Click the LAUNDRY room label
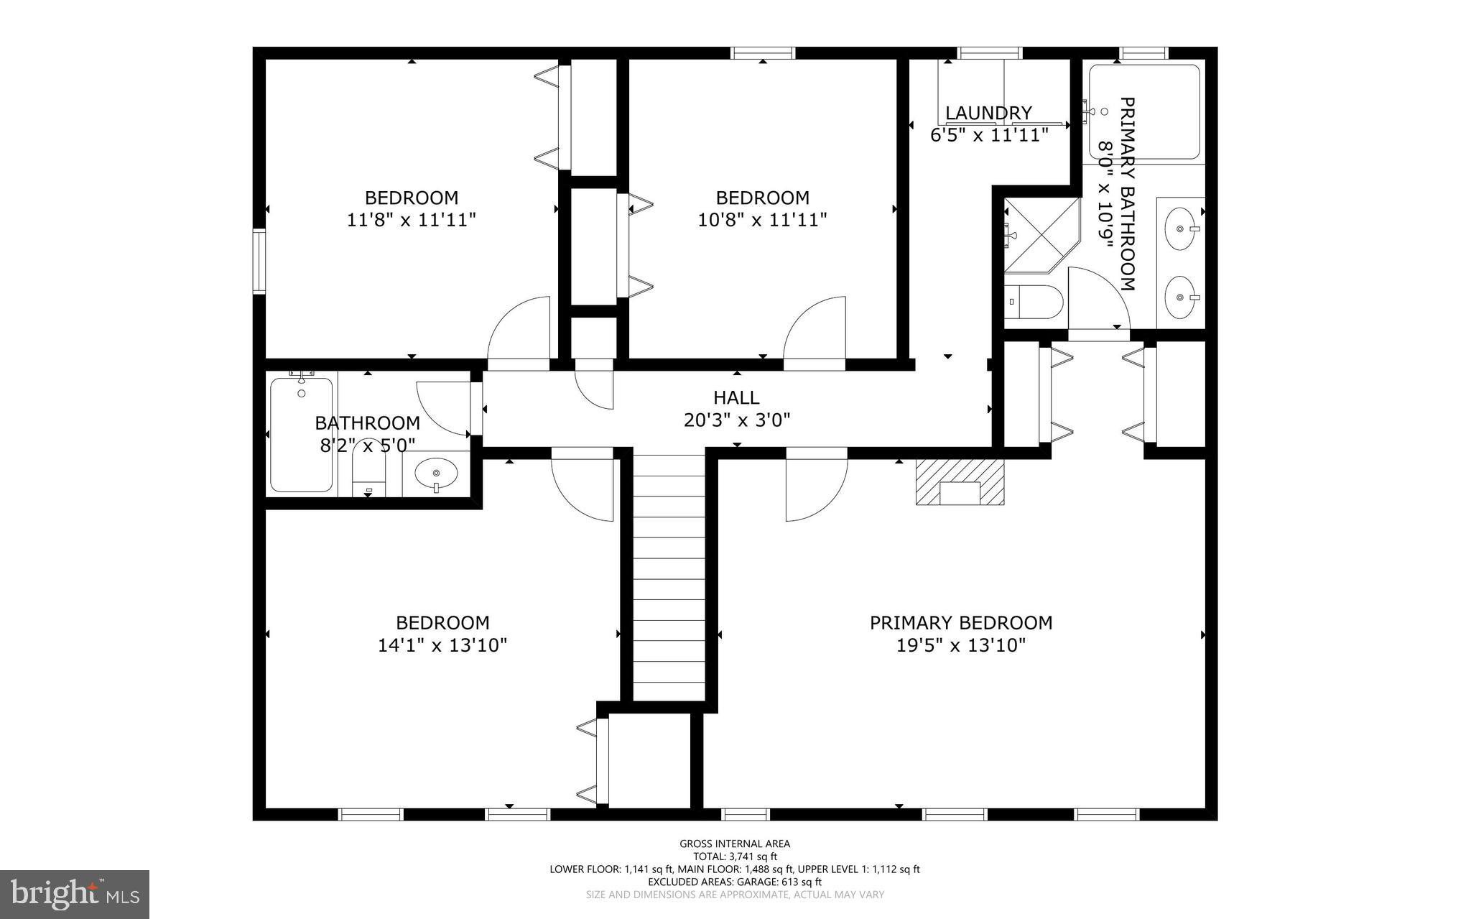988,113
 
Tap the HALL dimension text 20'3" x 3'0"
737,420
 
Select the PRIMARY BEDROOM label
961,623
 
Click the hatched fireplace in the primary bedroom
960,483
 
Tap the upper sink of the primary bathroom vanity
1179,228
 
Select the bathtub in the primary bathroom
1145,111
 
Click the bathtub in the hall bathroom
302,435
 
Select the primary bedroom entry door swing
815,487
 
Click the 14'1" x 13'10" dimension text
442,645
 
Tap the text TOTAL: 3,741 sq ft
735,856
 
